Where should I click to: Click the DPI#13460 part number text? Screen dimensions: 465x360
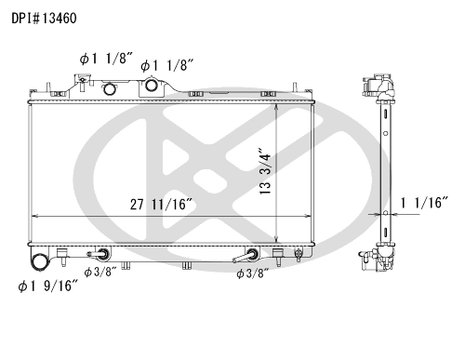(44, 19)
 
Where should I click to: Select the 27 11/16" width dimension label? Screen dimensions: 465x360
(161, 205)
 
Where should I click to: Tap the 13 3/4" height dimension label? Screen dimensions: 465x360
(265, 174)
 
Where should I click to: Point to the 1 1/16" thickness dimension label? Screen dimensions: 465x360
(424, 203)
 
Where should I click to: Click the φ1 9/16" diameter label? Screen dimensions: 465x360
(47, 286)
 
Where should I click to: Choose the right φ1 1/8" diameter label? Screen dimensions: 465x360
(167, 66)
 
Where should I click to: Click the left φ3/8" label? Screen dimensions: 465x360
(100, 273)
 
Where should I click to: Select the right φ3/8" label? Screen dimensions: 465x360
(252, 273)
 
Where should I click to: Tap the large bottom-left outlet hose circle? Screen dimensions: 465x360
(40, 262)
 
